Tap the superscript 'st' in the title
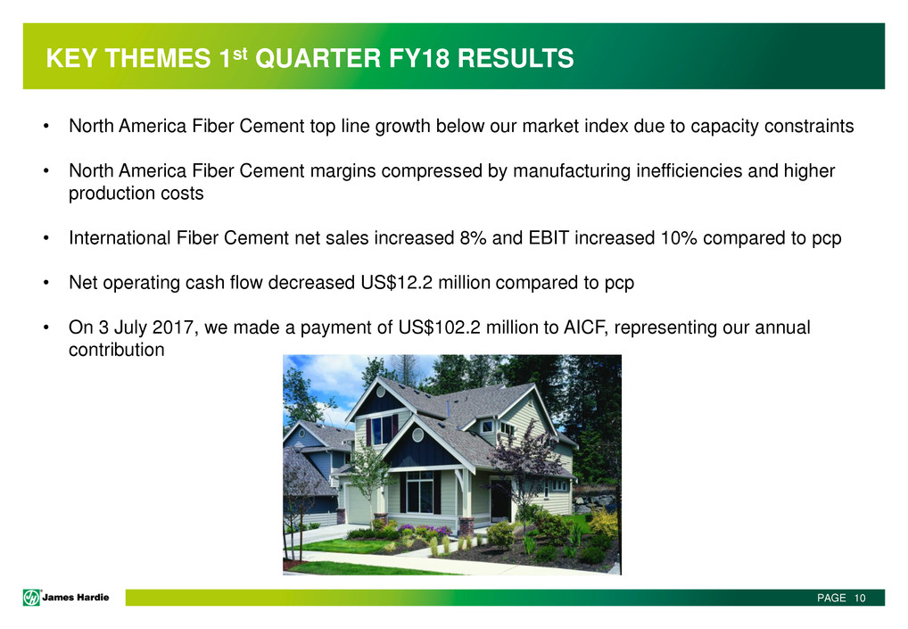[240, 54]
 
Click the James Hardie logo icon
[31, 597]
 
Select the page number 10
[859, 598]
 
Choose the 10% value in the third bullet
[679, 238]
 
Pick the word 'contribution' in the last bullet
[116, 350]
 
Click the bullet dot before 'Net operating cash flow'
[45, 283]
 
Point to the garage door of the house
[358, 503]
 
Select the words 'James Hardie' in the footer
[75, 597]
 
